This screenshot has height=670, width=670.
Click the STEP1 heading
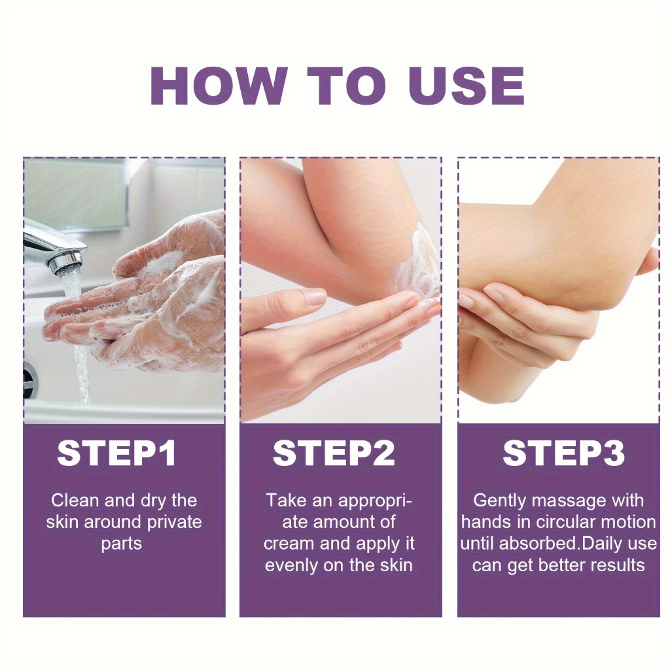click(x=116, y=453)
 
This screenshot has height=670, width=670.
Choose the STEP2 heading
click(x=334, y=453)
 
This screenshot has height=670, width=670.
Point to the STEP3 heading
click(x=563, y=453)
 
